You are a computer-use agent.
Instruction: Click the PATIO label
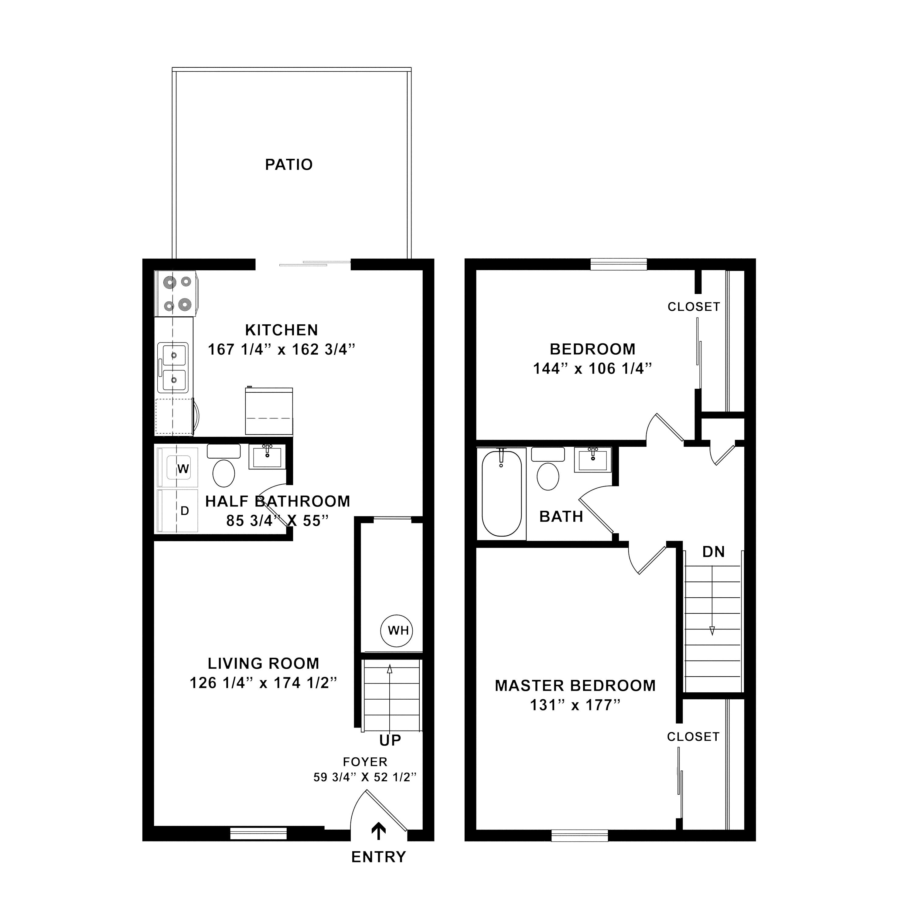tap(288, 165)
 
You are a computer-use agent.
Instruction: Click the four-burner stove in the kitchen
tap(176, 293)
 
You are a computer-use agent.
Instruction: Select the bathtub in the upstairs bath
tap(501, 493)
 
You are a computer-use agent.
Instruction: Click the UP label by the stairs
tap(390, 741)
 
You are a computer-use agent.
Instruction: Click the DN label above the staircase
tap(713, 552)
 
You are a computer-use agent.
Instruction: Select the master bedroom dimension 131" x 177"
tap(575, 705)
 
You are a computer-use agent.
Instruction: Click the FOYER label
tap(365, 762)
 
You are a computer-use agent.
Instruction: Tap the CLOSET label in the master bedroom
tap(693, 736)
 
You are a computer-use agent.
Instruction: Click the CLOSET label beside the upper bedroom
tap(694, 306)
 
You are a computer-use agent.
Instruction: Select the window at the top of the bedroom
tap(618, 264)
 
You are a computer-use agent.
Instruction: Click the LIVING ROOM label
tap(263, 664)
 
